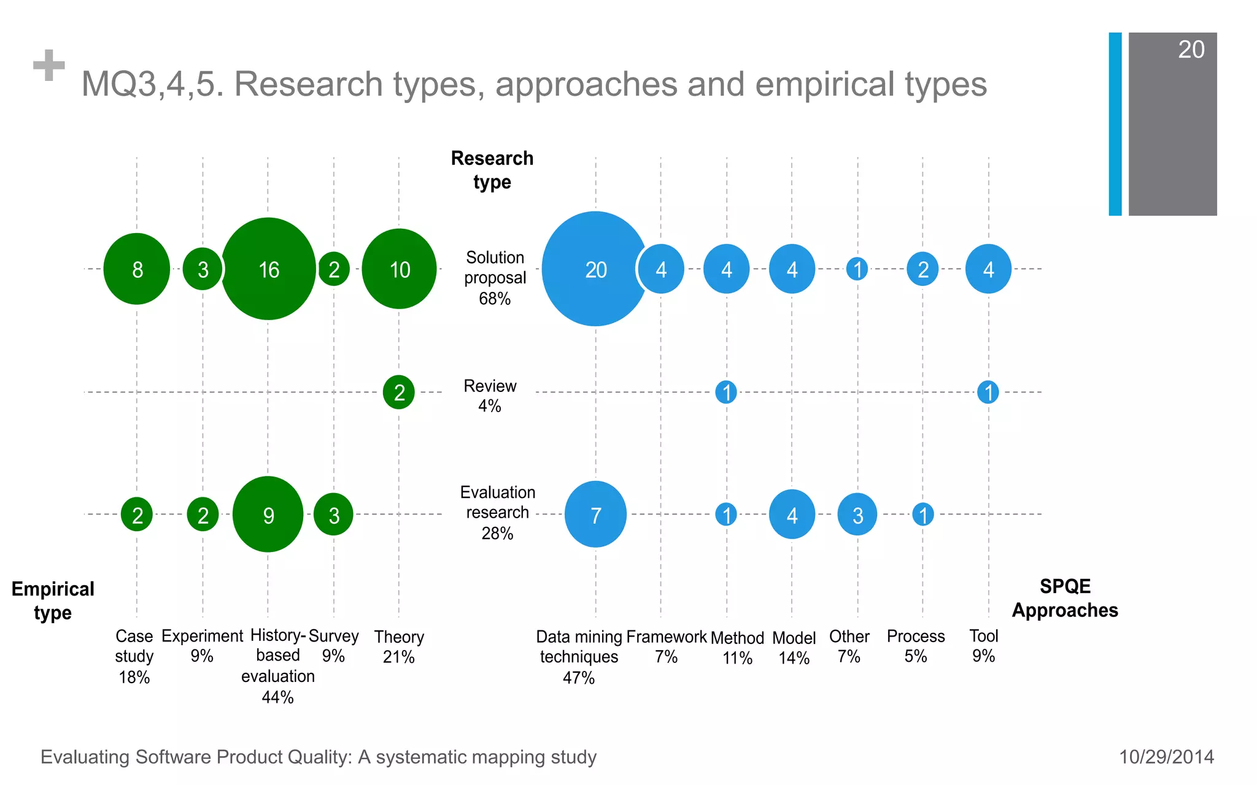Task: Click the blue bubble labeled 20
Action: [595, 269]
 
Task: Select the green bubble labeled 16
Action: [268, 269]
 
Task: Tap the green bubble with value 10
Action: [399, 269]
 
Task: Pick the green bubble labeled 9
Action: [268, 515]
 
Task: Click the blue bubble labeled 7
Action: [595, 515]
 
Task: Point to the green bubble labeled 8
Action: [137, 269]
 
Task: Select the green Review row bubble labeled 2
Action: [399, 392]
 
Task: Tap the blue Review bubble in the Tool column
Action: [988, 392]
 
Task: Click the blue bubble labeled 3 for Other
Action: [857, 515]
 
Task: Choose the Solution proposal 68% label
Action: [495, 278]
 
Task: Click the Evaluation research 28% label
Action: [497, 513]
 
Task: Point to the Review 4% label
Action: [490, 396]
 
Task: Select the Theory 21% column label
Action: [399, 647]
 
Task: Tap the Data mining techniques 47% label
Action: [579, 657]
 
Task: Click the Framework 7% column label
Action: [667, 646]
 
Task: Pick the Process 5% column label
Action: [916, 646]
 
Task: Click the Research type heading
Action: [492, 170]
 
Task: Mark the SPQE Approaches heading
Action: [1065, 598]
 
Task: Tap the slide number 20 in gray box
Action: [1191, 50]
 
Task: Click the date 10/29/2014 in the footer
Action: [1166, 757]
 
